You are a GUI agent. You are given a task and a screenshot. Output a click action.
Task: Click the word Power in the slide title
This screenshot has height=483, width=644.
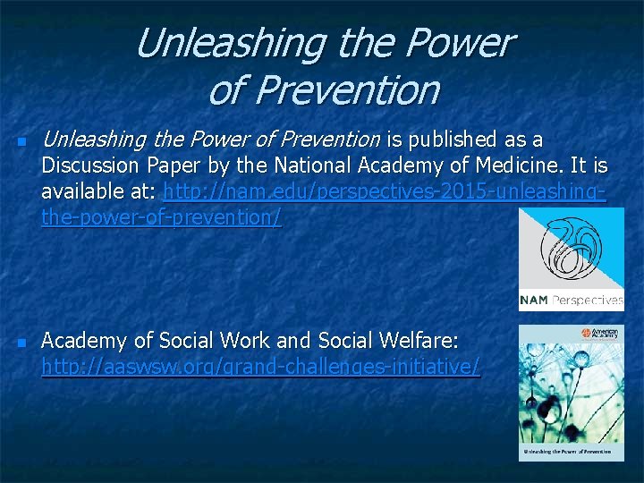point(462,43)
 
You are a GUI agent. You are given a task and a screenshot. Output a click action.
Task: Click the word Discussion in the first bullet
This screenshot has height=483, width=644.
point(89,165)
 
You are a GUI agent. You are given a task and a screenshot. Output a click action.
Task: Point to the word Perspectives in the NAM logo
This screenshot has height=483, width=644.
point(588,301)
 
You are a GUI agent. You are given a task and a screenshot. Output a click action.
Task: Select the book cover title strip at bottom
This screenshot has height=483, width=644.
point(572,453)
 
